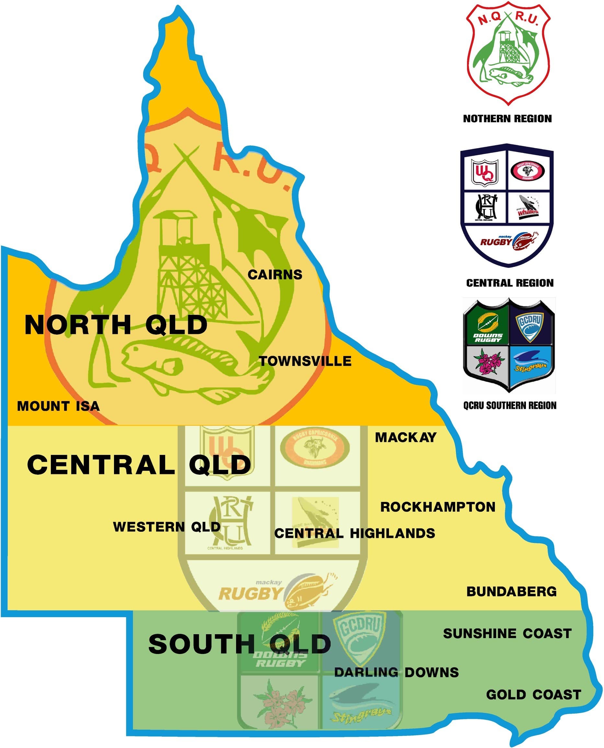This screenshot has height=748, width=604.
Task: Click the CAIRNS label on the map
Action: point(275,275)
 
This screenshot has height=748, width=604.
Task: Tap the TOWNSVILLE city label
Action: point(305,361)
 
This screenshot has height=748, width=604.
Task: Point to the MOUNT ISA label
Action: point(58,406)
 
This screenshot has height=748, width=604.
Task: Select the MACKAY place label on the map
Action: point(405,437)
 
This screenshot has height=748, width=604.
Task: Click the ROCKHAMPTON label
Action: point(437,507)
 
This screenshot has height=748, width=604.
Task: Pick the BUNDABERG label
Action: point(511,592)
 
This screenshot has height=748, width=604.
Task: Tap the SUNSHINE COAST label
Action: point(507,634)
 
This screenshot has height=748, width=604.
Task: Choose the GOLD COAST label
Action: point(533,695)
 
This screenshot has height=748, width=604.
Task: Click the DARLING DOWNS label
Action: point(396,672)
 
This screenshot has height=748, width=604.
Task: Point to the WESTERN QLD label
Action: point(167,527)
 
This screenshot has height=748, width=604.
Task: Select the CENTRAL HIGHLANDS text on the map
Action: point(354,533)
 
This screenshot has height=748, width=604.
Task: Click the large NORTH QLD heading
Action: point(116,325)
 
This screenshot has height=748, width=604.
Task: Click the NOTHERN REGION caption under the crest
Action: point(507,119)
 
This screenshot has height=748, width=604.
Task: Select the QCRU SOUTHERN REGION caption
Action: point(509,405)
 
